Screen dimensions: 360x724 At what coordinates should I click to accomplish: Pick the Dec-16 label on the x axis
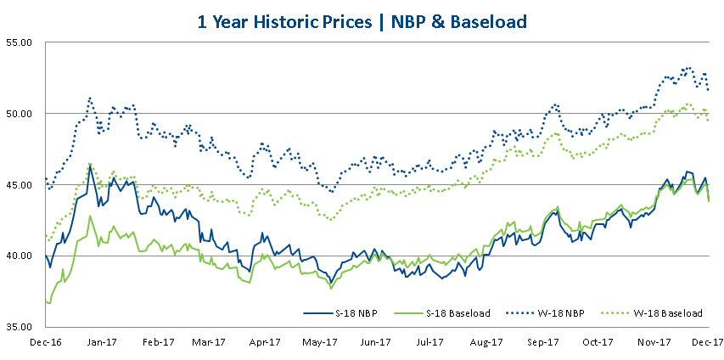point(45,343)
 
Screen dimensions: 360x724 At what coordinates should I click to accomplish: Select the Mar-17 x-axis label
point(209,343)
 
